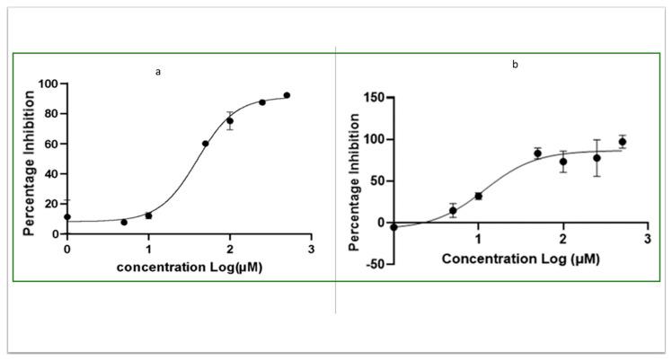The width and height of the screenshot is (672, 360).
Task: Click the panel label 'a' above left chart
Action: pos(158,72)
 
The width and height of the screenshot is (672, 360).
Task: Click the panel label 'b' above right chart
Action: pos(515,65)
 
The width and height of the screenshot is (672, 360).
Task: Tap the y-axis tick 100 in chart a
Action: pos(53,83)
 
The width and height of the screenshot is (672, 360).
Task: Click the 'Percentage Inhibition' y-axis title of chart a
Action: pos(30,159)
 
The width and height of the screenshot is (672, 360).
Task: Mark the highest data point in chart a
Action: pos(287,95)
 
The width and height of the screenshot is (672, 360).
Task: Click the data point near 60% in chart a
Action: pos(206,144)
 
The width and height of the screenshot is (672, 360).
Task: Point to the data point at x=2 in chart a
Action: pos(230,121)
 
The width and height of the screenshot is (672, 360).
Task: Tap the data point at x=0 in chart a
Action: pos(67,216)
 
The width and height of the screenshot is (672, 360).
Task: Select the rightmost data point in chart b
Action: pos(622,142)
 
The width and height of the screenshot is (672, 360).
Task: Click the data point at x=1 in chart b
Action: pos(478,196)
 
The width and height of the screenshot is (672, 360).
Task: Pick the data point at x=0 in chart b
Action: pos(393,227)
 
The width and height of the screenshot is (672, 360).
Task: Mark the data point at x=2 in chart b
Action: pos(563,162)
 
